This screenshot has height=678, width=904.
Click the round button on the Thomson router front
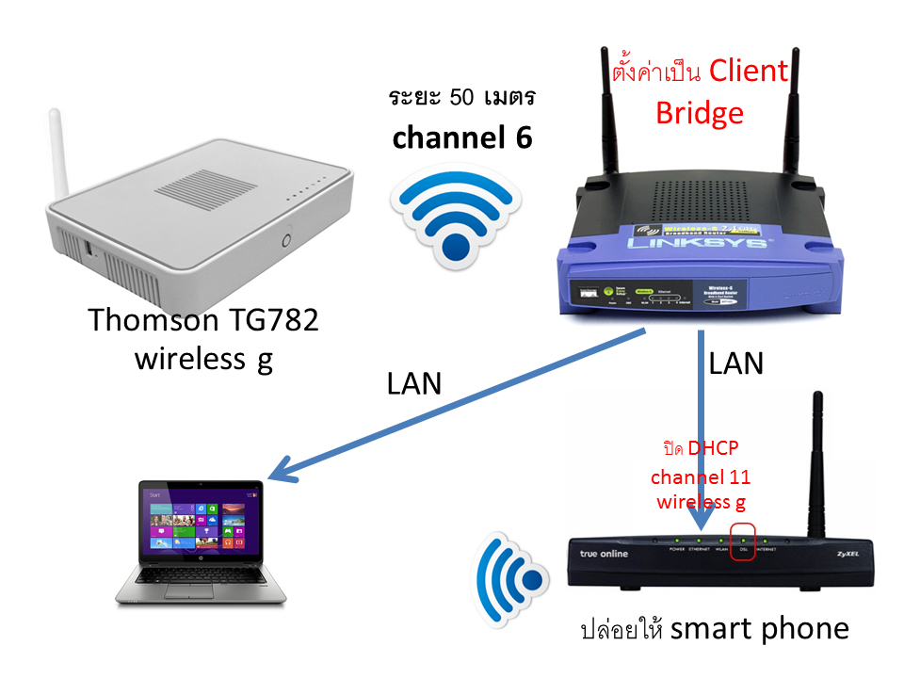coord(286,241)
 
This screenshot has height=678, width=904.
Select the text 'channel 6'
coord(462,137)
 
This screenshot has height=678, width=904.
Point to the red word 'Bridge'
coord(700,113)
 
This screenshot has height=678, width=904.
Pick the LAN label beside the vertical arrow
coord(735,363)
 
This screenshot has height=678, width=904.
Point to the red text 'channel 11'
coord(703,476)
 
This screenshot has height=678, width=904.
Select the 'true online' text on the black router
coord(604,554)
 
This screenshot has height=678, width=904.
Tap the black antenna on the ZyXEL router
coord(818,461)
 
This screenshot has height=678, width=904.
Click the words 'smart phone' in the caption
coord(760,627)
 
